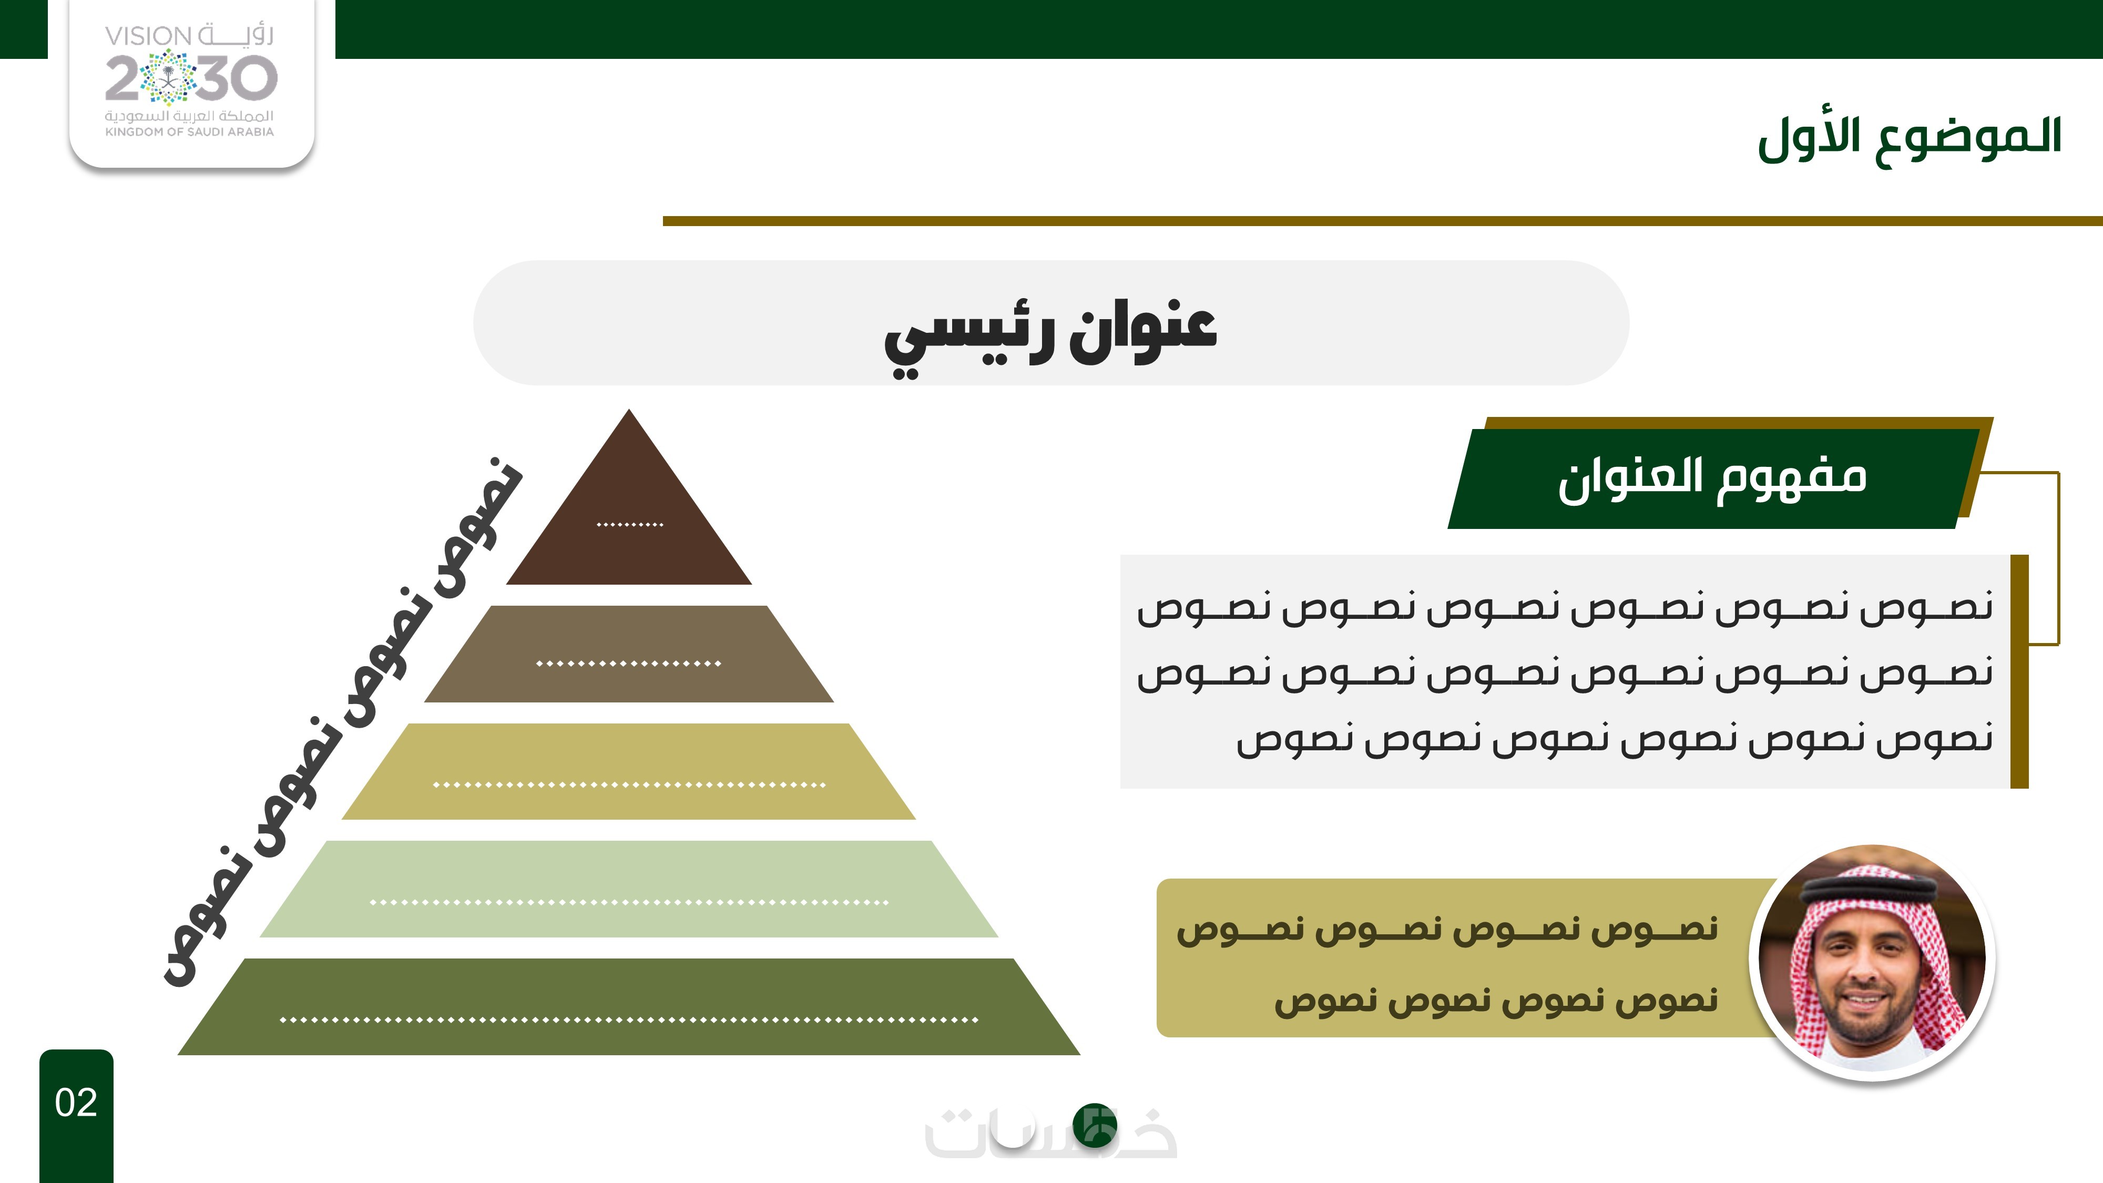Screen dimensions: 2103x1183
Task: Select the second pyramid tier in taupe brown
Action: (x=629, y=654)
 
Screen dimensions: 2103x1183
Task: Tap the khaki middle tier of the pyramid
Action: (x=629, y=771)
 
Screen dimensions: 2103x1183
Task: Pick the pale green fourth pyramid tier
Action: (x=629, y=889)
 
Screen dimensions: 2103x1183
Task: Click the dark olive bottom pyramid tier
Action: (x=629, y=1007)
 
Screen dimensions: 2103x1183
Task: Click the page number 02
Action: (x=76, y=1103)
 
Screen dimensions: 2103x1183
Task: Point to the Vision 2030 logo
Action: (x=191, y=81)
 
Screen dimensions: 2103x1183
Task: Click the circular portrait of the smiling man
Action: (x=1872, y=962)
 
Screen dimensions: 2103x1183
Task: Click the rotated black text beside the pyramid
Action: (x=343, y=722)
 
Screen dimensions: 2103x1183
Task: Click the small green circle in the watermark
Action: (x=1095, y=1125)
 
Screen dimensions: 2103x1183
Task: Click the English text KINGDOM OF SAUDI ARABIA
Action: (x=189, y=131)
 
